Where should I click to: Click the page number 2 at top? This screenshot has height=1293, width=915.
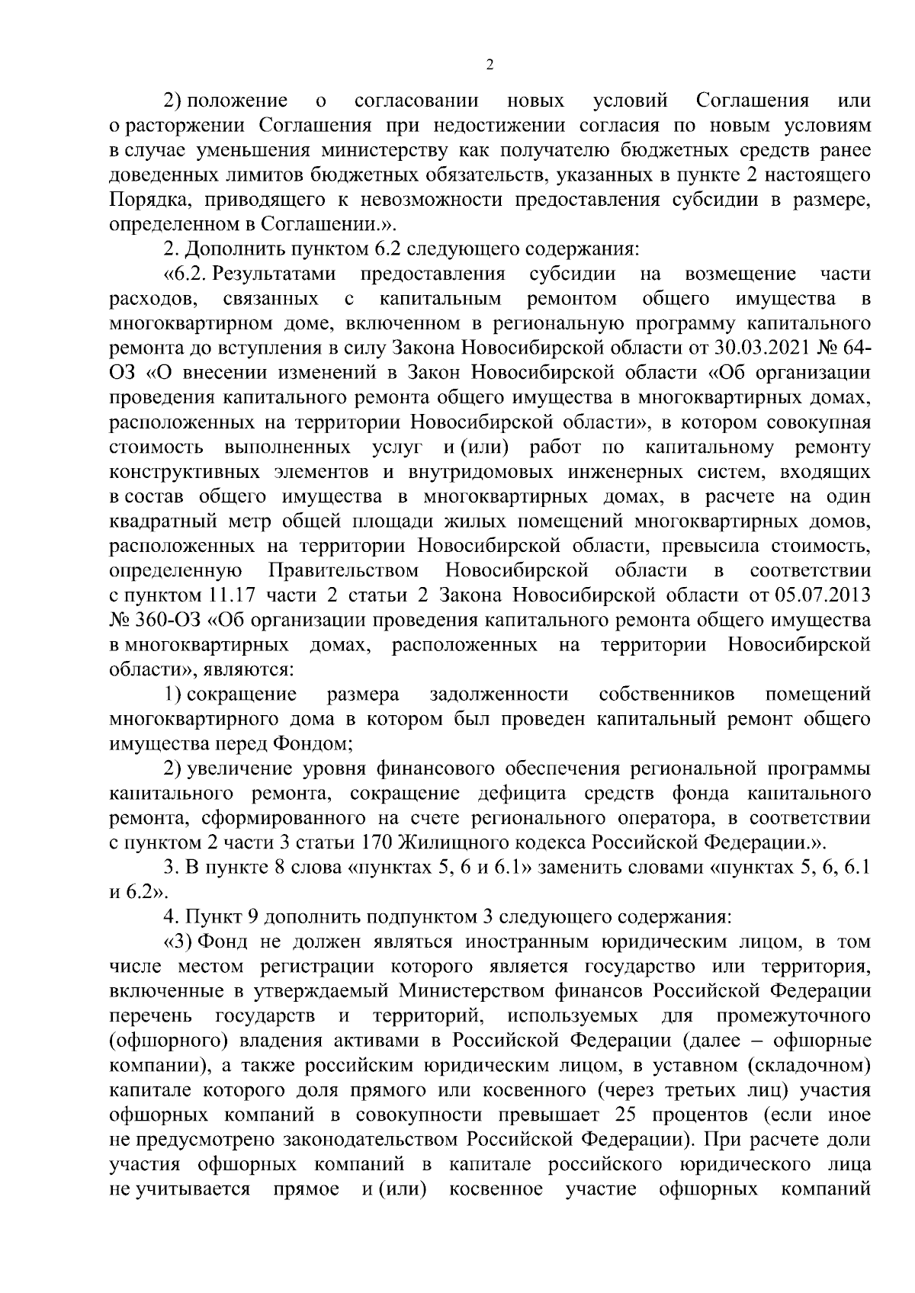coord(490,64)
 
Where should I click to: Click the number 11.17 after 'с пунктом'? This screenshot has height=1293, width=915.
coord(231,595)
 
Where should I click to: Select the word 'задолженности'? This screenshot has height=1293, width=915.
coord(499,694)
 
